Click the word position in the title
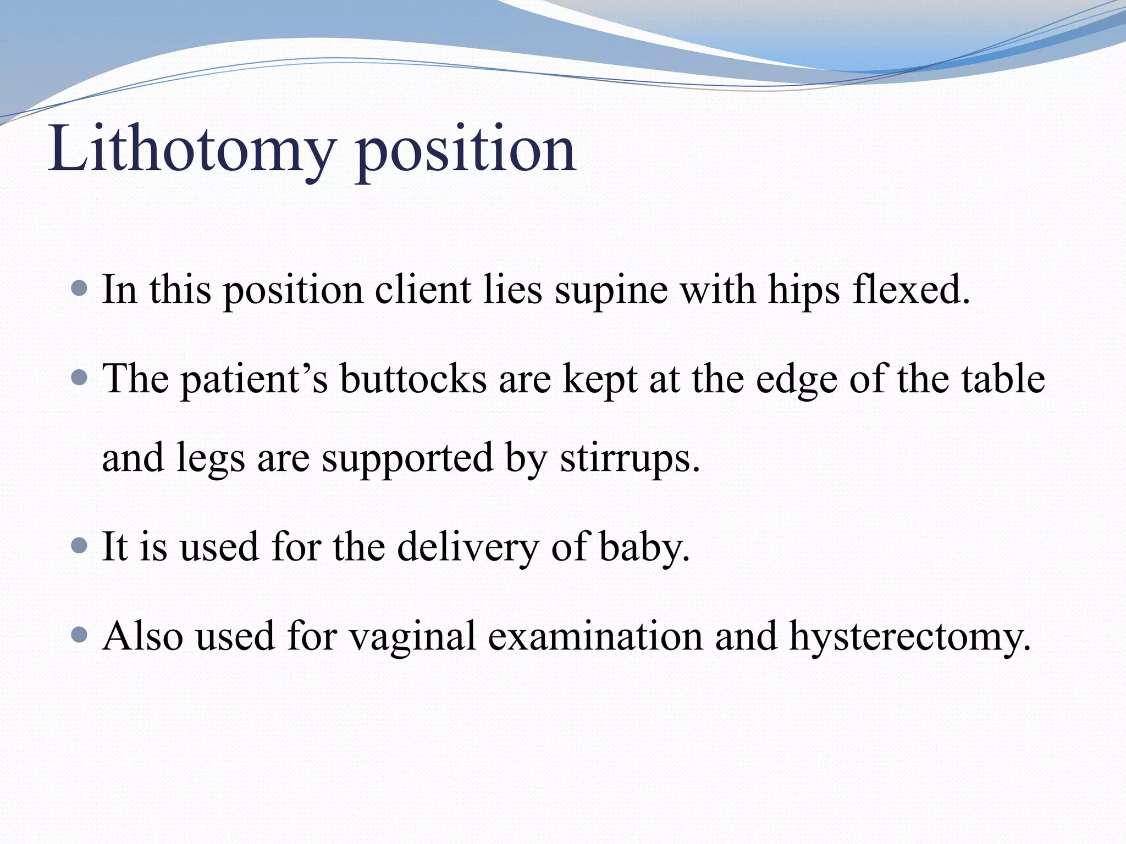[x=465, y=149]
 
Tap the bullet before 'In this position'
[x=80, y=287]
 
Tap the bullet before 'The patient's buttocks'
[x=80, y=377]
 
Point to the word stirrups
[x=630, y=458]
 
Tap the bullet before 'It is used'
[x=80, y=546]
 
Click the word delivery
[x=467, y=547]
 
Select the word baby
[x=643, y=547]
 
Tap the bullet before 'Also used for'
[x=80, y=635]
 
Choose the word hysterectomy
[x=909, y=637]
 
